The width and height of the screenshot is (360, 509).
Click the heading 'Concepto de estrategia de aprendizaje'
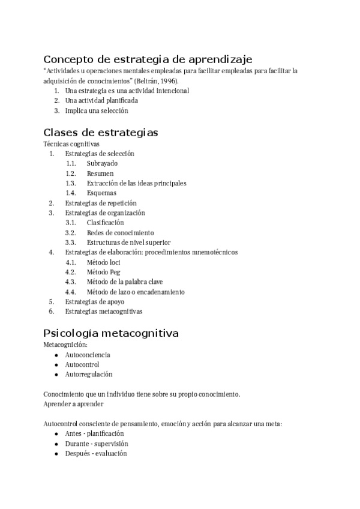click(148, 59)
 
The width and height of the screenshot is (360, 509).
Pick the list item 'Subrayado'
click(102, 163)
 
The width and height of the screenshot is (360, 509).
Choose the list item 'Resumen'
click(100, 173)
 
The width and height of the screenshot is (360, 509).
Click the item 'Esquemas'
click(101, 193)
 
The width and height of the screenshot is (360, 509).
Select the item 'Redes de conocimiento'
click(120, 232)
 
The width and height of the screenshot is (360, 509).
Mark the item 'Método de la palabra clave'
click(125, 282)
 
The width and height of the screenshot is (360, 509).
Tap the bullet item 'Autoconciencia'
click(88, 355)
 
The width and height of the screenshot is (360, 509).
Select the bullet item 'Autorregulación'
click(89, 374)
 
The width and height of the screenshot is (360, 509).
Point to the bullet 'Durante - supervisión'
click(97, 444)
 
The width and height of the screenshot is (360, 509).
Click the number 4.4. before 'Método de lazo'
click(71, 292)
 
